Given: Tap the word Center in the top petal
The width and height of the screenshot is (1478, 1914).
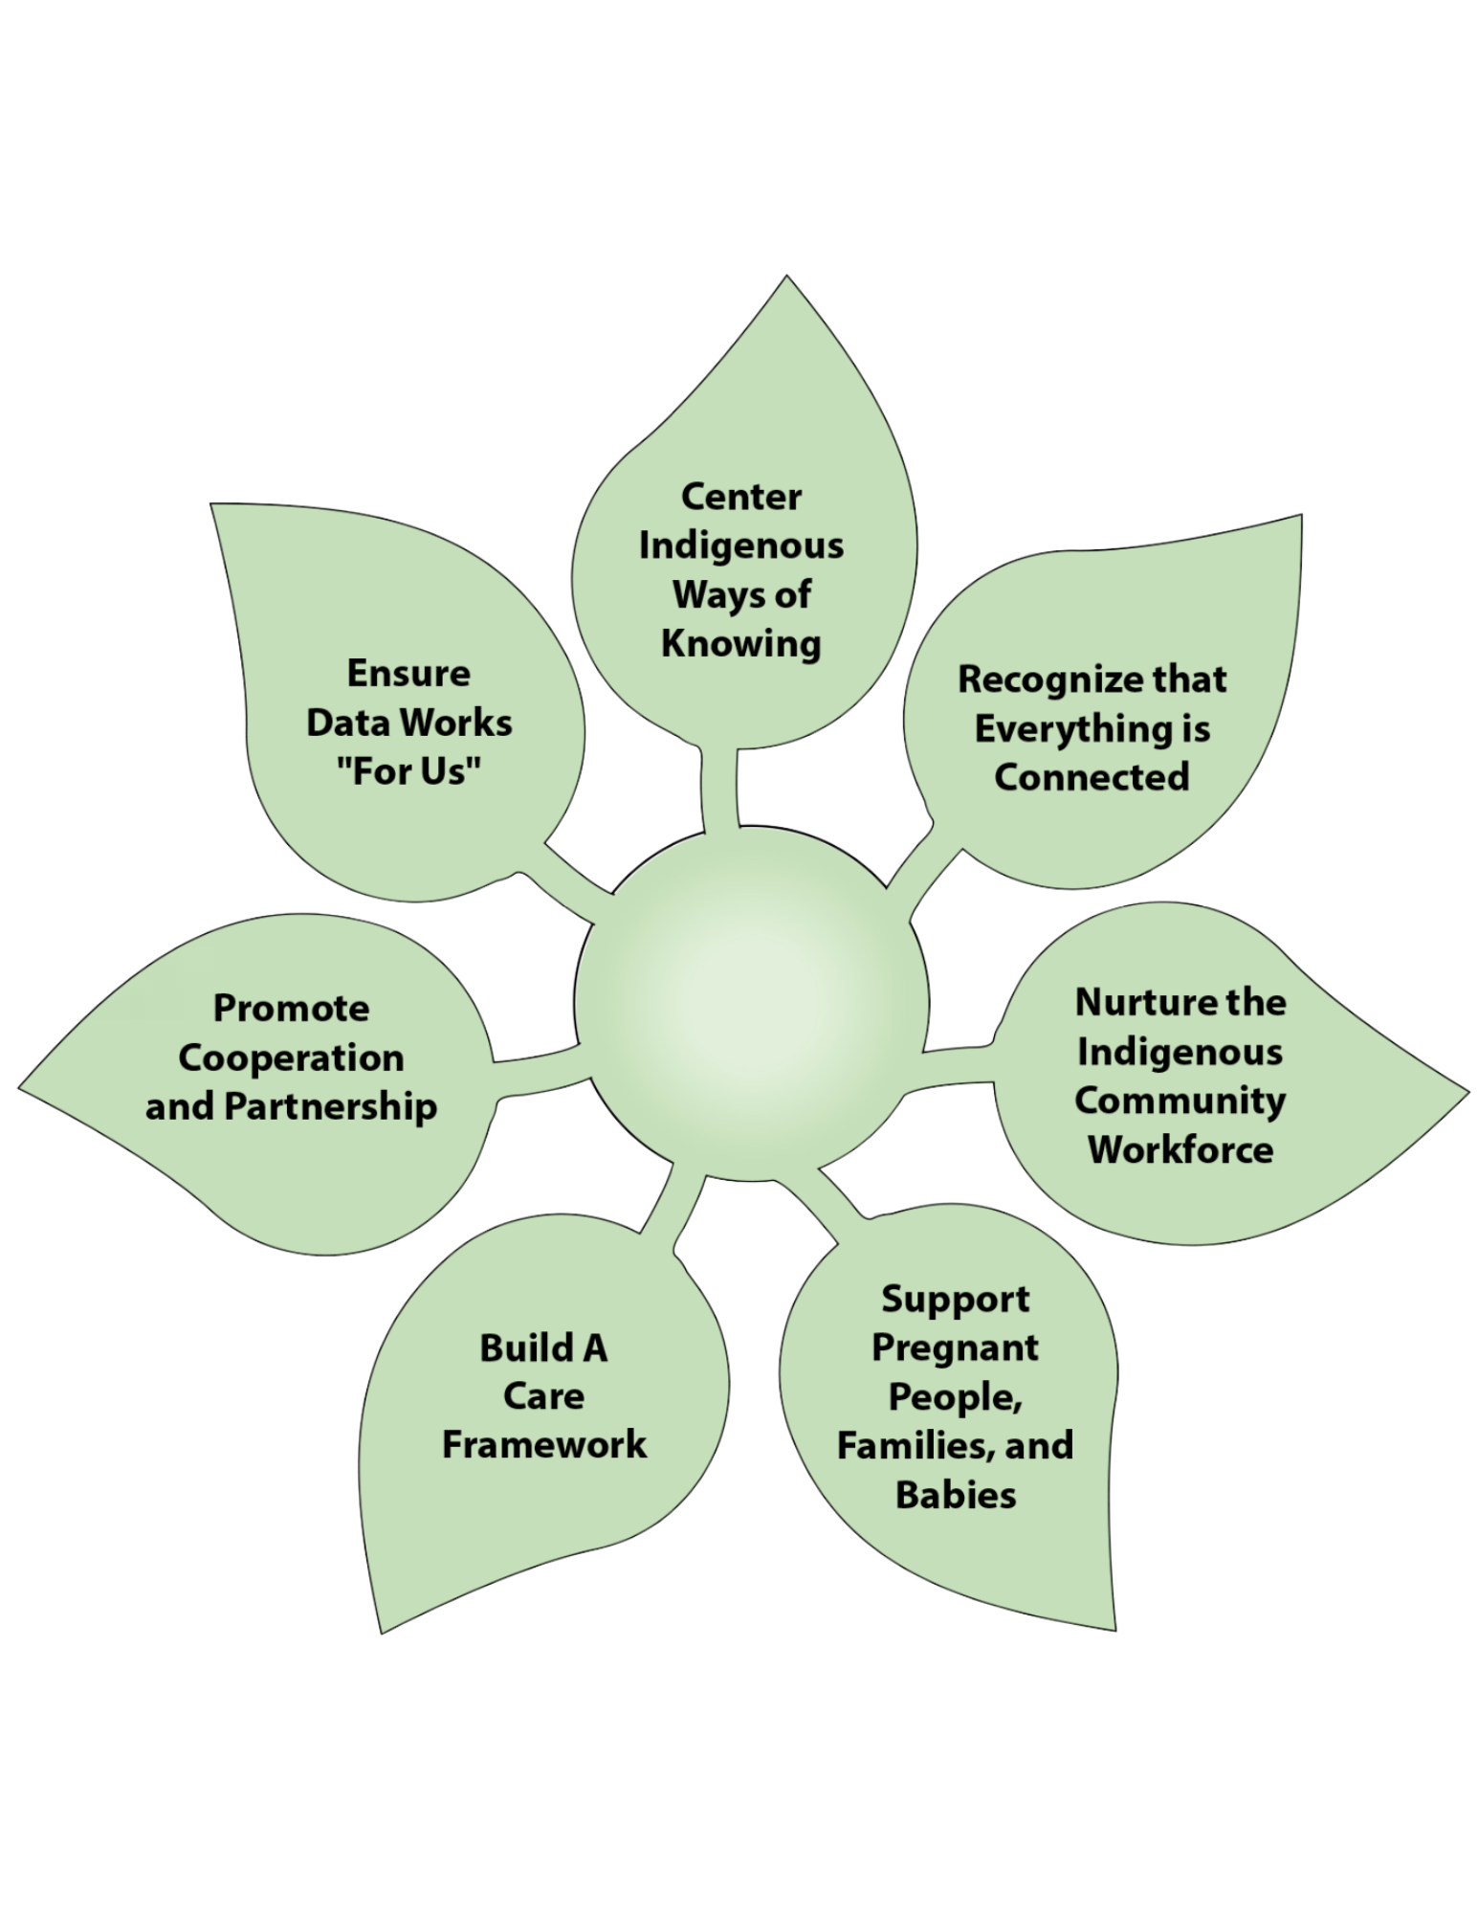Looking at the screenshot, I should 741,497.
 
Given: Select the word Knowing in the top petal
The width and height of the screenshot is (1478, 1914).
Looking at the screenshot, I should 741,643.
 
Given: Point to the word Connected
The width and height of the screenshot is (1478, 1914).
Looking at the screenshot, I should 1092,775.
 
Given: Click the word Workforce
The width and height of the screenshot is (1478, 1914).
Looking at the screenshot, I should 1180,1148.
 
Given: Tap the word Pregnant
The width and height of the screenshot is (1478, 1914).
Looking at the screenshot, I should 955,1347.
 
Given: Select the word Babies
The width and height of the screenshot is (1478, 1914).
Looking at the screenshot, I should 955,1494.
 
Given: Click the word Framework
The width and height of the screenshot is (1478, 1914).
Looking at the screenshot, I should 543,1444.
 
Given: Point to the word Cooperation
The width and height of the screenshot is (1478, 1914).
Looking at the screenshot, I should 291,1057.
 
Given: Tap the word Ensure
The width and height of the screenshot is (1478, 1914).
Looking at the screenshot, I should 408,674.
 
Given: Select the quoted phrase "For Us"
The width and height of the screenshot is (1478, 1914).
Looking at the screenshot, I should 408,771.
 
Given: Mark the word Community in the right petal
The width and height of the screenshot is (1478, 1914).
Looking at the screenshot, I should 1180,1100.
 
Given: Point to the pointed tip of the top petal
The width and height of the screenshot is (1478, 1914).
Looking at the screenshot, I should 786,278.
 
